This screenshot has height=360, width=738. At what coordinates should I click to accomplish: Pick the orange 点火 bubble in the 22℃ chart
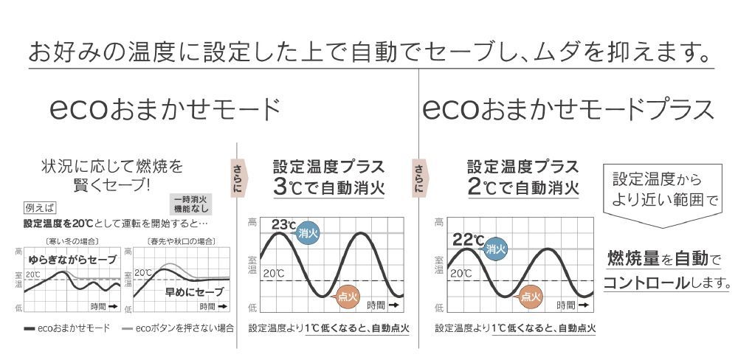pos(530,297)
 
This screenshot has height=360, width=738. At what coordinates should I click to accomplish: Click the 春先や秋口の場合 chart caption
pos(181,241)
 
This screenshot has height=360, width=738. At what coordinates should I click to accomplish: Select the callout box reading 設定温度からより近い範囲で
pos(664,190)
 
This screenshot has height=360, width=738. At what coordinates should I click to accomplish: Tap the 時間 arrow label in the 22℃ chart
pos(573,305)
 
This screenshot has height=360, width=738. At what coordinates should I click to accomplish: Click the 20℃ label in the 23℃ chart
pos(273,274)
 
